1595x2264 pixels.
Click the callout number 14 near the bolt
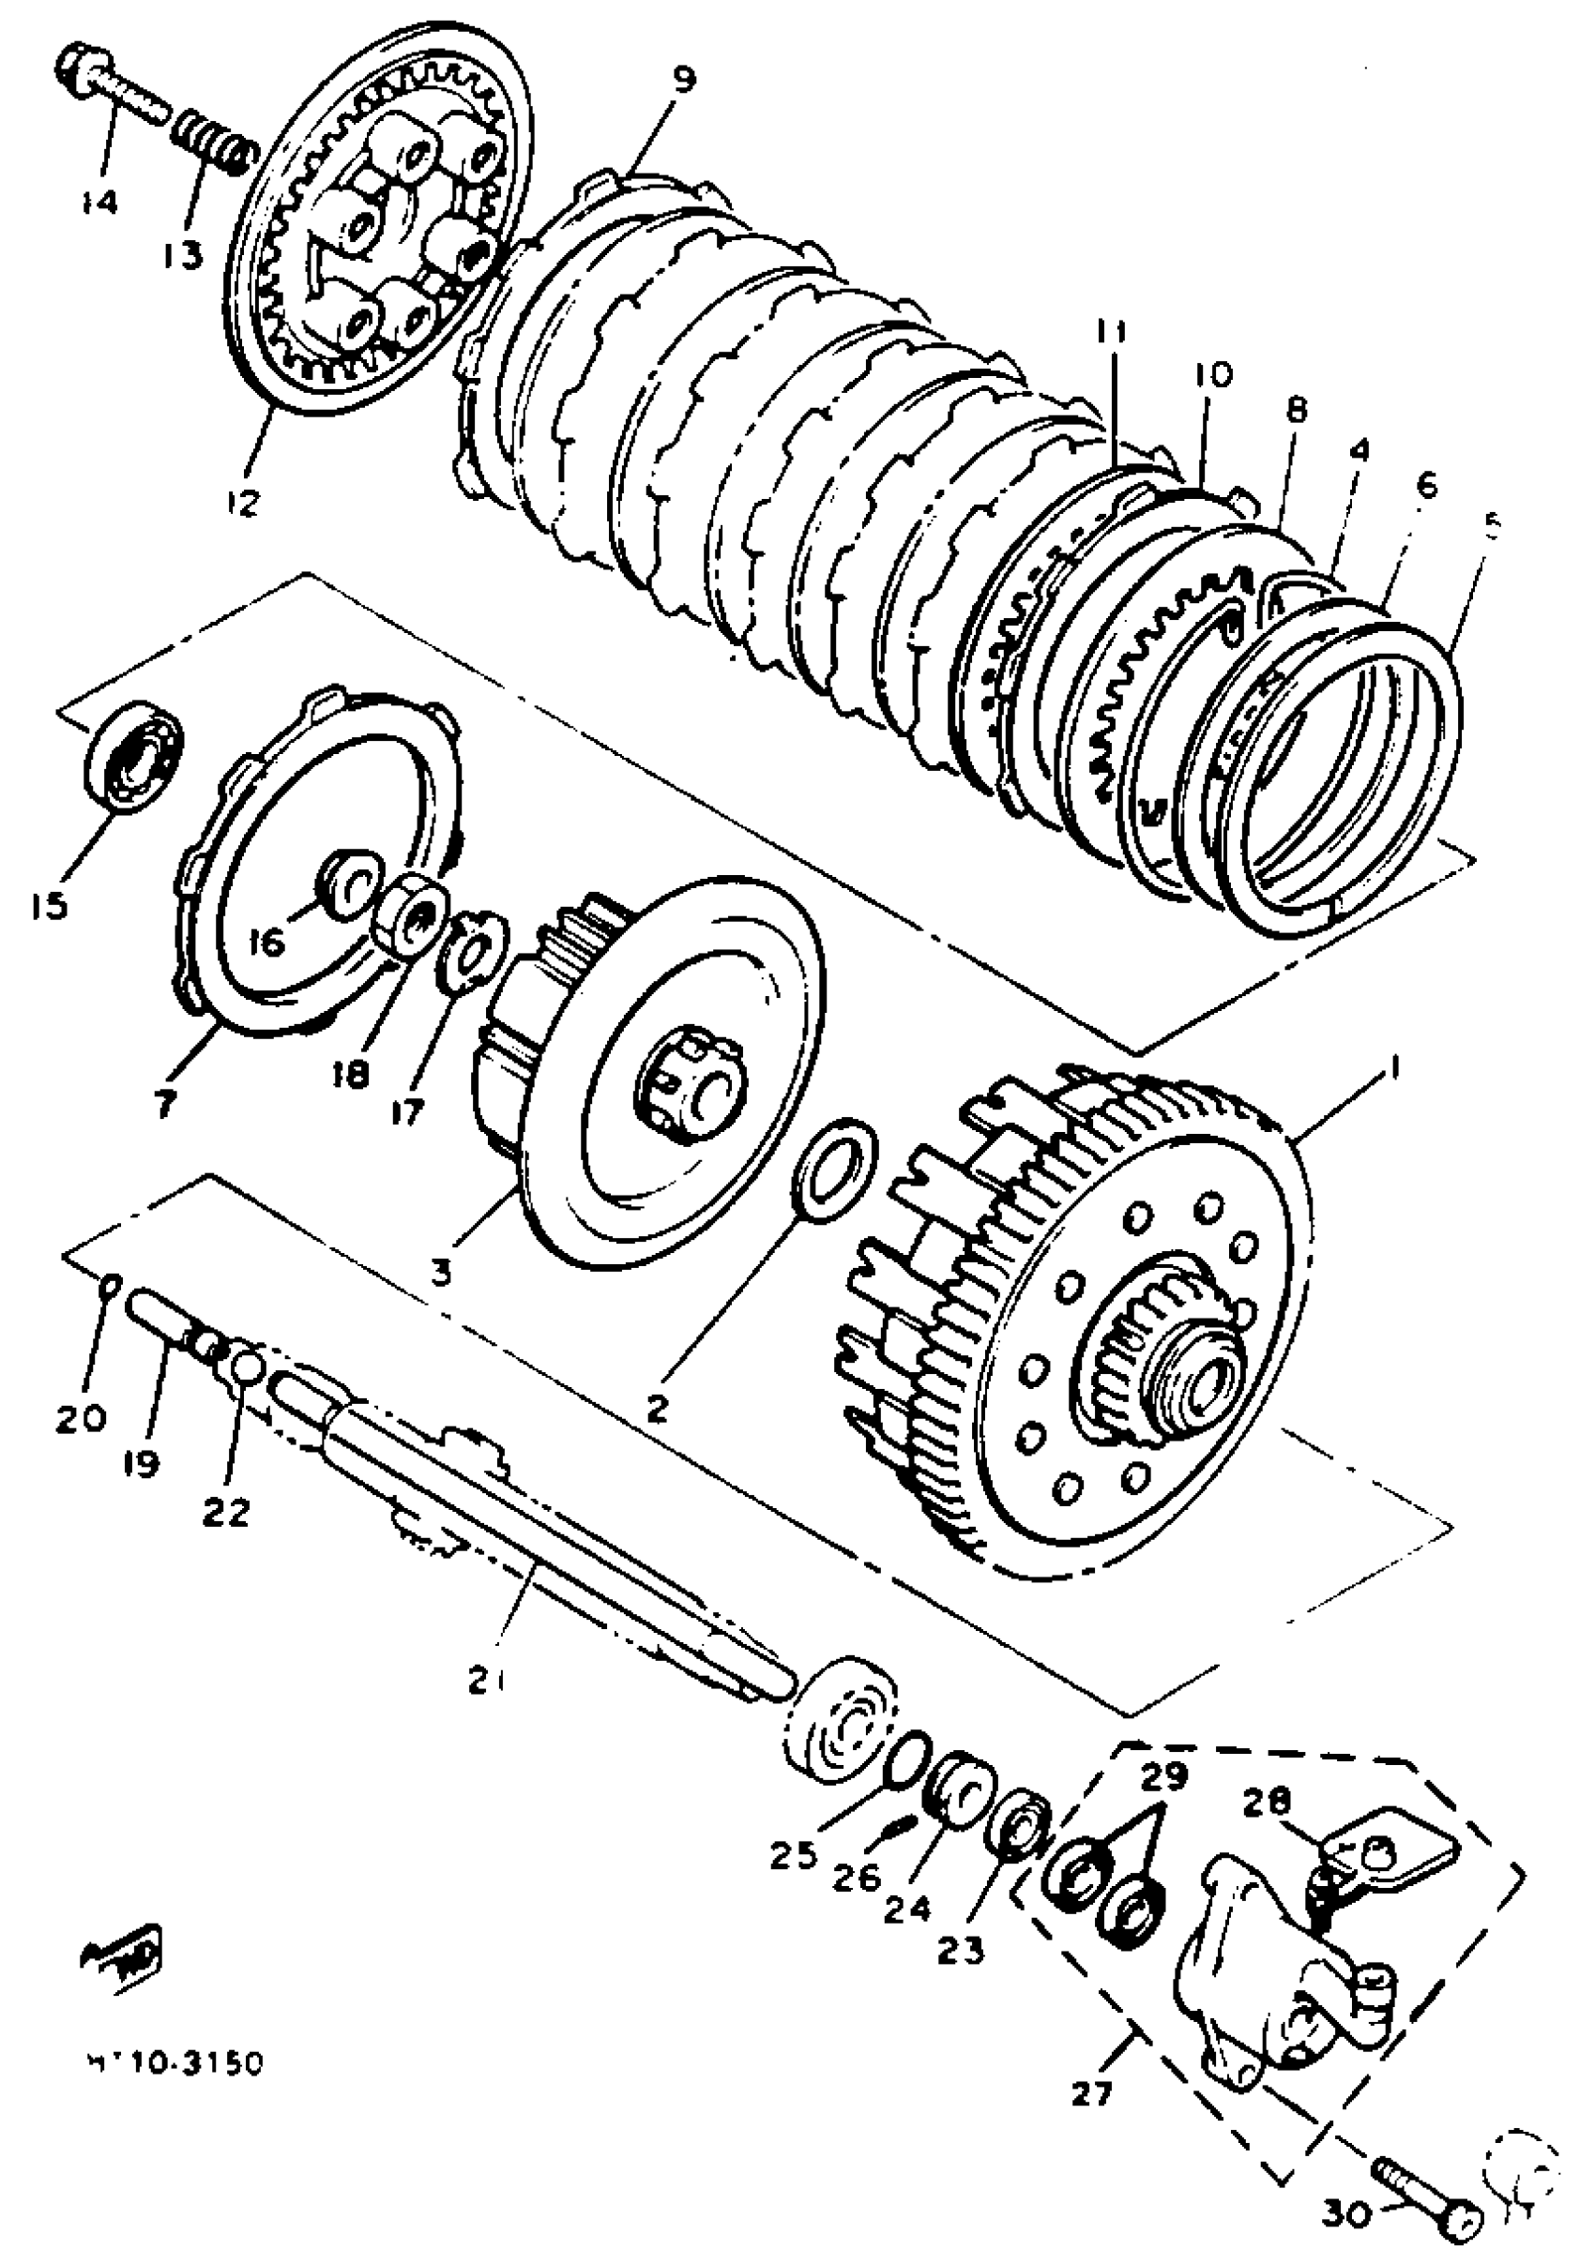click(x=99, y=203)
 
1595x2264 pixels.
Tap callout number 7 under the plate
click(x=165, y=1105)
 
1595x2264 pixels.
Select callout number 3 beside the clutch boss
click(x=441, y=1273)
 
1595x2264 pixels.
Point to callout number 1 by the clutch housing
click(x=1394, y=1067)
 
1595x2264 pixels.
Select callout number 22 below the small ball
click(x=227, y=1512)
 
